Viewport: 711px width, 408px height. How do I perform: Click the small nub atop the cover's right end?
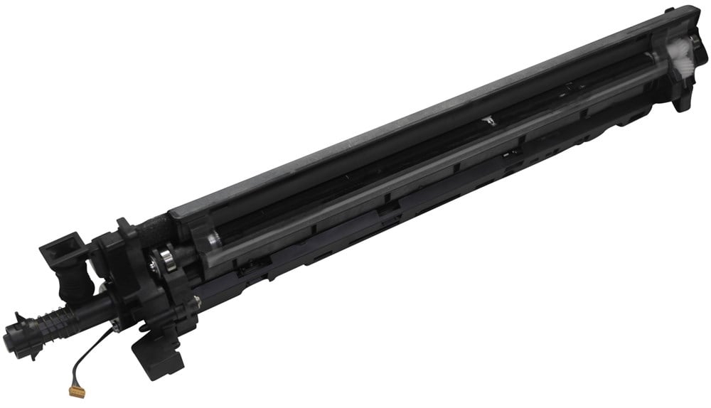(669, 11)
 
